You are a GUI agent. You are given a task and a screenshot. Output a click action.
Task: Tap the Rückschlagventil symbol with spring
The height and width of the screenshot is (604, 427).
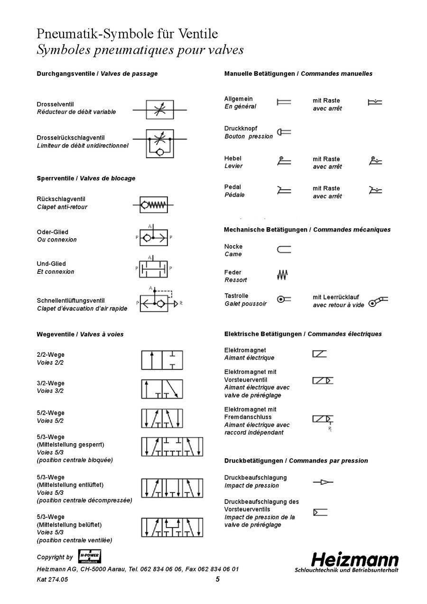point(153,205)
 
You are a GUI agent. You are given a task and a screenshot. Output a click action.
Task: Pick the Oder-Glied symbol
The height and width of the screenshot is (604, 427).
point(153,236)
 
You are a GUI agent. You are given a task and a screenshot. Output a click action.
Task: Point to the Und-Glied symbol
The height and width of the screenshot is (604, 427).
point(153,268)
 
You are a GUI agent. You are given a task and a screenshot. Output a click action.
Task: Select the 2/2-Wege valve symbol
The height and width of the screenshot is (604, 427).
point(162,360)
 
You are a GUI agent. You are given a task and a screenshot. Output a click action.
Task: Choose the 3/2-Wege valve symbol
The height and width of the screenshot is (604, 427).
point(162,389)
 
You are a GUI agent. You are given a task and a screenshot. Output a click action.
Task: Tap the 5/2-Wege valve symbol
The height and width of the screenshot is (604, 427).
point(162,418)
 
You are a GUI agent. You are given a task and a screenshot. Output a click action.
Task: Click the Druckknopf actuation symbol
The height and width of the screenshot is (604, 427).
point(284,132)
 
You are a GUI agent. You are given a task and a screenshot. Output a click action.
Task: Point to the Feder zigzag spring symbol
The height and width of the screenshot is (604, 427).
point(283,274)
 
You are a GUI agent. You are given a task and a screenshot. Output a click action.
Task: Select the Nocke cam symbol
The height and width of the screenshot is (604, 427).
point(284,250)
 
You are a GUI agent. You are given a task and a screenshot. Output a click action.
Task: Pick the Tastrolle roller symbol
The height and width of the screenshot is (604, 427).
point(284,299)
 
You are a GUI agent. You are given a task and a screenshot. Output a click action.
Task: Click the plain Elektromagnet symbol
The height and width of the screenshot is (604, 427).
point(319,353)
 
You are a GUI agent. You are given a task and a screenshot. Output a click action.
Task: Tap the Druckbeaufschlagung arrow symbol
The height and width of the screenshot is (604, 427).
point(323,482)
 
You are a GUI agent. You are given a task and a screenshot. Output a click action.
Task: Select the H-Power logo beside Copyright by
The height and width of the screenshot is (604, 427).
point(89,557)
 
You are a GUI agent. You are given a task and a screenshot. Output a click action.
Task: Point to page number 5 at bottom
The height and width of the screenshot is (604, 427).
point(218,579)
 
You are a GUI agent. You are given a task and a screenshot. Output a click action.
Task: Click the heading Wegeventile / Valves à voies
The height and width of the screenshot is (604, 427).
point(80,334)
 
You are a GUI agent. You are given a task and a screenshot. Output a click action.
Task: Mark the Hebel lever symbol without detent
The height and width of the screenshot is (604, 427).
point(284,161)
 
